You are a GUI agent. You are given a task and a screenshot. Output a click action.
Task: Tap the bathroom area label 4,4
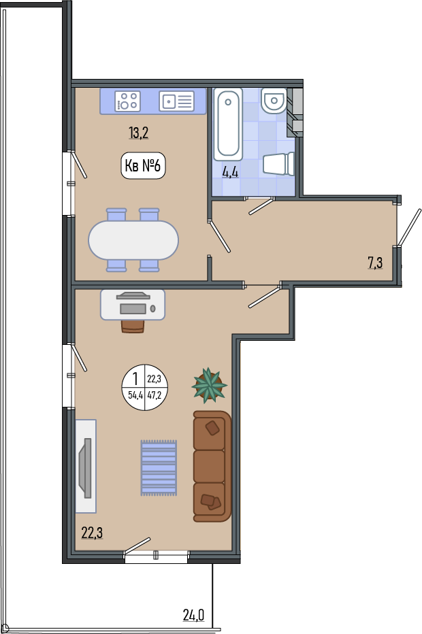(x=230, y=173)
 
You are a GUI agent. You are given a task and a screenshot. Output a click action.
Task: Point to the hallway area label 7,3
(x=375, y=263)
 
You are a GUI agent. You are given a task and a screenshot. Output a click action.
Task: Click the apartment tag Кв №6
(x=143, y=165)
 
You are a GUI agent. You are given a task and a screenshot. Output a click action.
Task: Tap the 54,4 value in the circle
(x=135, y=395)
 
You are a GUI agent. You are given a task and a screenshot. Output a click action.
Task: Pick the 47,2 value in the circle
(x=154, y=395)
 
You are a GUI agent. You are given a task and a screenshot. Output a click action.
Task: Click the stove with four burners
(x=128, y=101)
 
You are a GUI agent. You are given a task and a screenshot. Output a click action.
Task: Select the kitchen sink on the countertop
(x=176, y=101)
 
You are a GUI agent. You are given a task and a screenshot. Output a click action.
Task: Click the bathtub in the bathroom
(x=228, y=124)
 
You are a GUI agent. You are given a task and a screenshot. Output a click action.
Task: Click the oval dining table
(x=133, y=239)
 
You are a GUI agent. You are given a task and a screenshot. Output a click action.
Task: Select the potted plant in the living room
(x=209, y=385)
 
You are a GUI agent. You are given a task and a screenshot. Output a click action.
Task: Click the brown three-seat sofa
(x=212, y=466)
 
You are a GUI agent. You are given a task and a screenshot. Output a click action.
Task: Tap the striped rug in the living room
(x=159, y=468)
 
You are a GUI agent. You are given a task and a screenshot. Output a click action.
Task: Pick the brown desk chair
(x=133, y=327)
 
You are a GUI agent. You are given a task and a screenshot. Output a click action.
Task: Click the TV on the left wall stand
(x=86, y=468)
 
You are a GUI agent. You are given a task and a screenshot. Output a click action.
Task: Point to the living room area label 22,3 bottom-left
(x=92, y=533)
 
